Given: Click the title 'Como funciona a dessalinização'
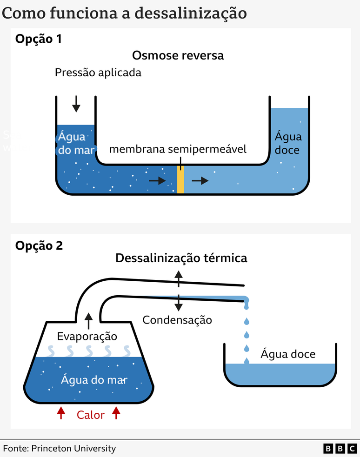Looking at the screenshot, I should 124,13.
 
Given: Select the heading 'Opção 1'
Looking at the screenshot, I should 39,39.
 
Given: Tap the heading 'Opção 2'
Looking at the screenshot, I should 39,245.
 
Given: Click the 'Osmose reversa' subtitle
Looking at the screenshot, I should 178,56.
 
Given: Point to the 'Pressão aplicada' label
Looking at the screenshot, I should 98,73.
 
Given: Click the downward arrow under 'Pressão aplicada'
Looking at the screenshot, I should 76,104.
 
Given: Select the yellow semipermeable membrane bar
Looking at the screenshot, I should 180,179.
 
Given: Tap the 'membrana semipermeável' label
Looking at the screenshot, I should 178,150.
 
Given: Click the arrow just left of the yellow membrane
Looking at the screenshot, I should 157,180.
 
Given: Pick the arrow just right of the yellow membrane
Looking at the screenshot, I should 200,180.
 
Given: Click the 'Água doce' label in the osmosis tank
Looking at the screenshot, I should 288,143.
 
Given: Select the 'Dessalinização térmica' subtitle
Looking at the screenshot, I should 181,258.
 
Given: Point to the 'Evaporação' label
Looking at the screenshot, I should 87,336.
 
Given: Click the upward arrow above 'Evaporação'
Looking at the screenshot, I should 88,321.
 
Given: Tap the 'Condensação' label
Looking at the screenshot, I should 177,320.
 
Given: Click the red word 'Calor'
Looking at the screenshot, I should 91,415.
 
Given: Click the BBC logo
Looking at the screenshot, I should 340,448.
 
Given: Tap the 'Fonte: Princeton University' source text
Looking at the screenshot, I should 60,449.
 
